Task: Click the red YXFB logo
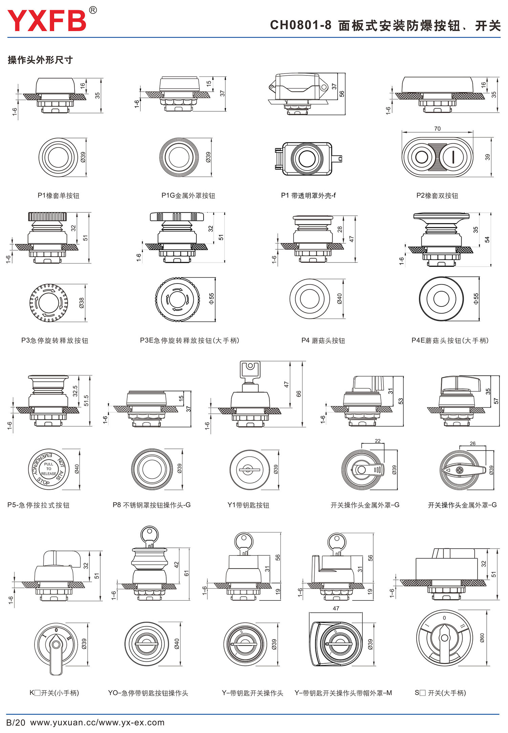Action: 47,20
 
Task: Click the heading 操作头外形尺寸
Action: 40,60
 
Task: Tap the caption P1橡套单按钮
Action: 58,196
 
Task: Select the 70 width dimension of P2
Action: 437,129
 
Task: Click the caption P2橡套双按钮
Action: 437,196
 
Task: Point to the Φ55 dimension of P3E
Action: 211,299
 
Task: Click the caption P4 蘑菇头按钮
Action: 323,340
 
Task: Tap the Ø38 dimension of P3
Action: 82,303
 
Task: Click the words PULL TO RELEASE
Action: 48,469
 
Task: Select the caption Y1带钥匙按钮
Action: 248,505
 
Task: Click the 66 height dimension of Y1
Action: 299,394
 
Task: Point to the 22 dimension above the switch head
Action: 378,441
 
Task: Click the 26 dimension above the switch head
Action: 472,443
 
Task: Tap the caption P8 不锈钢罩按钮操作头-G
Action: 152,505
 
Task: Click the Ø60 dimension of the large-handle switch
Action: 482,638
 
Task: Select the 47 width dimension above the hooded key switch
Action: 336,609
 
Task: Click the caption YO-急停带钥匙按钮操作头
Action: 148,693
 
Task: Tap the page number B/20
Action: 16,723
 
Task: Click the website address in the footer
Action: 97,723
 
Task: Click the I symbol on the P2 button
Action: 453,157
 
